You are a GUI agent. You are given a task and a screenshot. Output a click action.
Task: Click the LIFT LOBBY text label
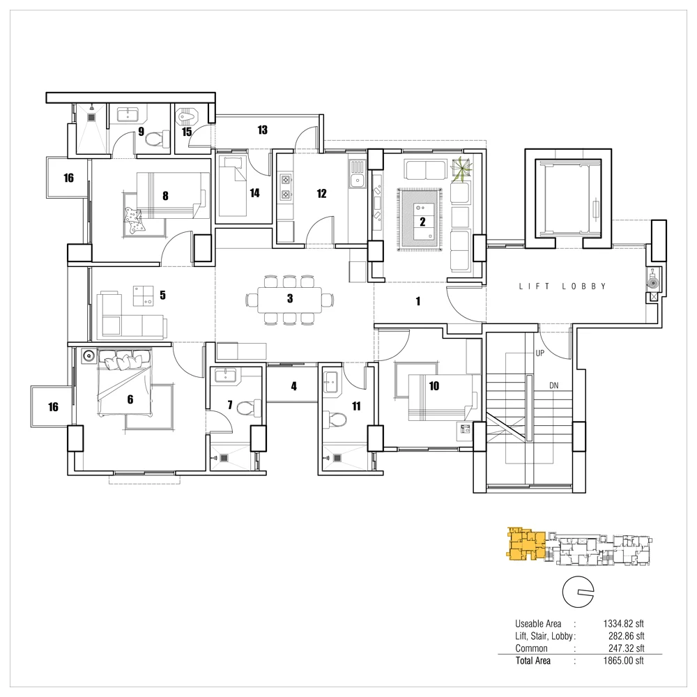coord(562,286)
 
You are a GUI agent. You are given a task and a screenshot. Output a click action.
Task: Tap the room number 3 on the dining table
coord(290,298)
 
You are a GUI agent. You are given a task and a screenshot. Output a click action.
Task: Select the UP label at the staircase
coord(539,353)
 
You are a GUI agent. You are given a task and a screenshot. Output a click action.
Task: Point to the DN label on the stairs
coord(554,385)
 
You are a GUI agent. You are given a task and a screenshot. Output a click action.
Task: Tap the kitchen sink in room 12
coord(357,174)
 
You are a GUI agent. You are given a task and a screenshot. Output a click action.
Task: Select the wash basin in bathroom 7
coord(227,375)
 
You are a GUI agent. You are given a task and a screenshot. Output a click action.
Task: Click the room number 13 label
coord(262,130)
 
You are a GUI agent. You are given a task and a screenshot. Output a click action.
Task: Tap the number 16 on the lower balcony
coord(54,407)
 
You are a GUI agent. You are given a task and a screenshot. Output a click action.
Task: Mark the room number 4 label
coord(294,386)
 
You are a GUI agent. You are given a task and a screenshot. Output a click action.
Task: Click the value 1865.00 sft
coord(623,661)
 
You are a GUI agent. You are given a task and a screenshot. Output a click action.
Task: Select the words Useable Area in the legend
coord(538,624)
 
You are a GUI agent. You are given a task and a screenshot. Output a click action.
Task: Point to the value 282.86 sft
coord(627,636)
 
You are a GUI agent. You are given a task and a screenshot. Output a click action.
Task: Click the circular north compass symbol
coord(578,592)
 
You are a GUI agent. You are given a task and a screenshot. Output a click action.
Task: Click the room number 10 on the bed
coord(434,386)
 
